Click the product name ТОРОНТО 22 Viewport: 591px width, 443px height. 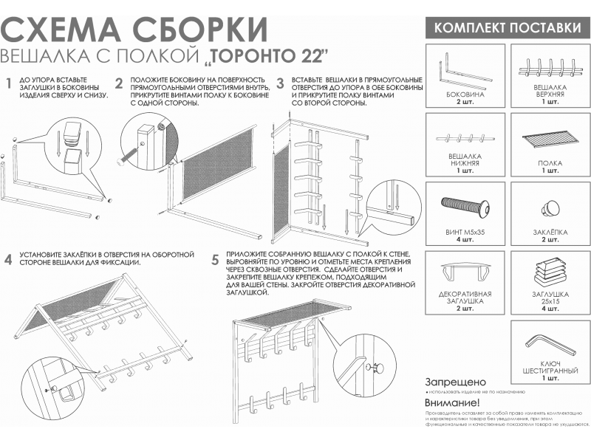267,57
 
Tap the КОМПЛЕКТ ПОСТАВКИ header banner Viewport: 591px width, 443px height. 506,28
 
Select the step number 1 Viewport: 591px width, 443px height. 9,83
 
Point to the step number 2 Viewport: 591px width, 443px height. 119,83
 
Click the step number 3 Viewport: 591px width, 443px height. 281,83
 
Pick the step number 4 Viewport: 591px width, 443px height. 9,259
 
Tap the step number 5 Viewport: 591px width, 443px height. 215,259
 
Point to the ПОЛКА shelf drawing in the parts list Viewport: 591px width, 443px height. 550,138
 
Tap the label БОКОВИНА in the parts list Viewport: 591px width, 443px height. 465,95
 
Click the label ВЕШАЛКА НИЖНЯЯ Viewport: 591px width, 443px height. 465,160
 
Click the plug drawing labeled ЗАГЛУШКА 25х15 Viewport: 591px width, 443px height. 550,269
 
